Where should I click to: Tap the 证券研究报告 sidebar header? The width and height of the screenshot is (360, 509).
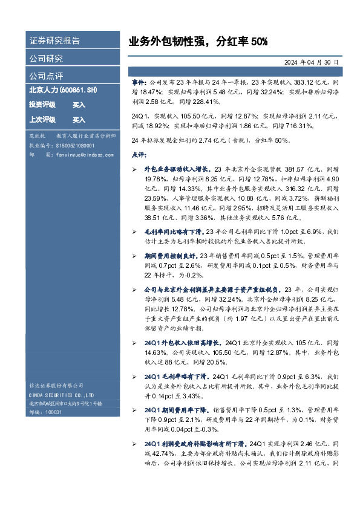click(x=54, y=41)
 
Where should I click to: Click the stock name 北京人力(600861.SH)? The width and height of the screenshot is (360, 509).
click(x=64, y=90)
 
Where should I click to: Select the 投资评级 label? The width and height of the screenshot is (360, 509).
click(x=42, y=105)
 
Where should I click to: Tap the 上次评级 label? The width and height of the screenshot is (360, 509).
click(x=42, y=120)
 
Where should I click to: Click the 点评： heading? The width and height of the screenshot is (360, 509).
click(x=139, y=155)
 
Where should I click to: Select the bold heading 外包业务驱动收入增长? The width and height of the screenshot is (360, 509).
click(x=172, y=170)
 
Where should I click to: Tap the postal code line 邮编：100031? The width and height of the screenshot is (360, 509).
click(x=45, y=411)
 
